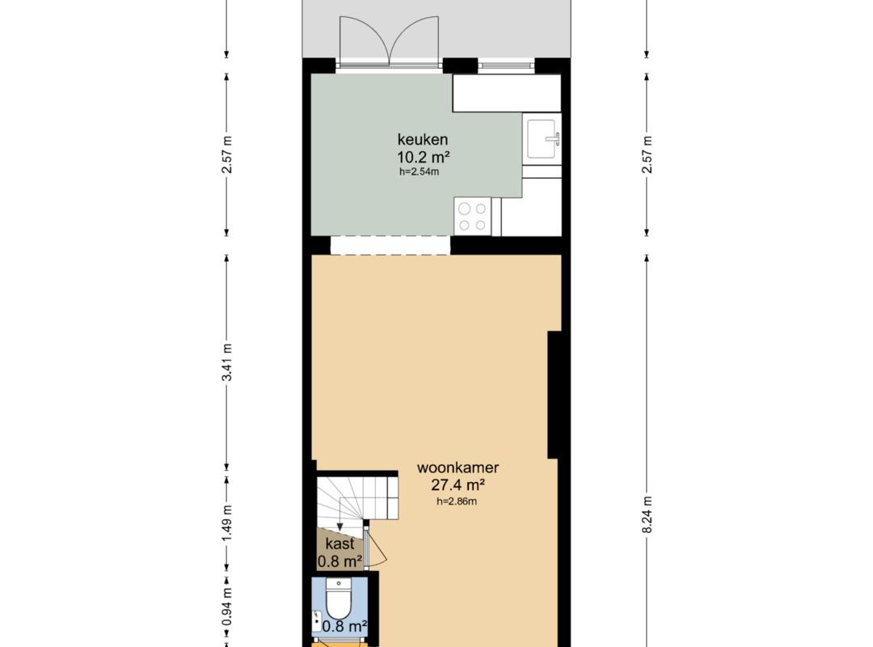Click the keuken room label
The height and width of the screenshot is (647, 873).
click(423, 139)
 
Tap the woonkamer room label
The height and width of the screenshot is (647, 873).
click(458, 467)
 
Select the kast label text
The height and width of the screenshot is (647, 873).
click(339, 543)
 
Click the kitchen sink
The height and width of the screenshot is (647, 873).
click(542, 139)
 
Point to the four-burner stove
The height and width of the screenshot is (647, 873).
click(473, 216)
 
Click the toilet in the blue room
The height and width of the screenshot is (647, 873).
click(339, 599)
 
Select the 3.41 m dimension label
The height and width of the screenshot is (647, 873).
click(226, 362)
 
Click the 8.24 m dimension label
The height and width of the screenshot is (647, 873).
click(647, 514)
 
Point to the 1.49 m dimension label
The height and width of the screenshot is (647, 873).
click(226, 522)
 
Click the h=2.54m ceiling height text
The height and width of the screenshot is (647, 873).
click(419, 171)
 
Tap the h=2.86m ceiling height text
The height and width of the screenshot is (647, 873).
click(457, 501)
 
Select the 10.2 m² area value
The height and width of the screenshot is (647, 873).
click(423, 156)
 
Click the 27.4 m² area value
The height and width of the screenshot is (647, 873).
click(458, 484)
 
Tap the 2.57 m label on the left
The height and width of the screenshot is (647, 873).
click(226, 154)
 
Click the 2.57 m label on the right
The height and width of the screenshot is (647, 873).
click(647, 154)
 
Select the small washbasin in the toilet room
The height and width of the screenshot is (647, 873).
click(317, 621)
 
